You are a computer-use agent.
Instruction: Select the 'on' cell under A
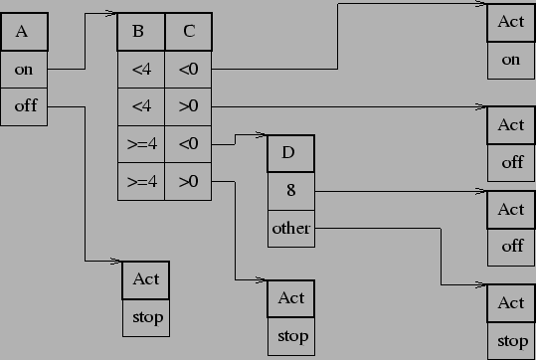coord(25,70)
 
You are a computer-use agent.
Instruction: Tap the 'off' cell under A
coord(25,105)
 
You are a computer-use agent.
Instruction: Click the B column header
coord(140,32)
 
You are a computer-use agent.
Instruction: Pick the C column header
coord(188,32)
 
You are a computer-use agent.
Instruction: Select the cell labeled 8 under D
coord(290,191)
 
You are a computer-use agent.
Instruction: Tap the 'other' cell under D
coord(290,228)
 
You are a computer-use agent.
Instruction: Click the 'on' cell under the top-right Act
coord(511,60)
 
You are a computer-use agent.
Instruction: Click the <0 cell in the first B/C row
coord(188,70)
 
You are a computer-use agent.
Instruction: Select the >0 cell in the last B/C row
coord(188,181)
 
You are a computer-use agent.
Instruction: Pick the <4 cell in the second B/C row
coord(140,106)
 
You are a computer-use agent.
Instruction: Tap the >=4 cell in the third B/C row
coord(140,144)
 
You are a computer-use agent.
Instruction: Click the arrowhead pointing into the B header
coord(110,15)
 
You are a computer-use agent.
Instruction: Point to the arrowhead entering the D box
coord(261,135)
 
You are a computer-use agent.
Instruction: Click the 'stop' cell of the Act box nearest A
coord(145,318)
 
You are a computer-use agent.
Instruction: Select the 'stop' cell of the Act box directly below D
coord(291,336)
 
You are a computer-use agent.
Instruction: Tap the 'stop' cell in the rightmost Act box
coord(511,341)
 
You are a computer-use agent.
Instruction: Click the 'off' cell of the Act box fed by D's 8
coord(511,247)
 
